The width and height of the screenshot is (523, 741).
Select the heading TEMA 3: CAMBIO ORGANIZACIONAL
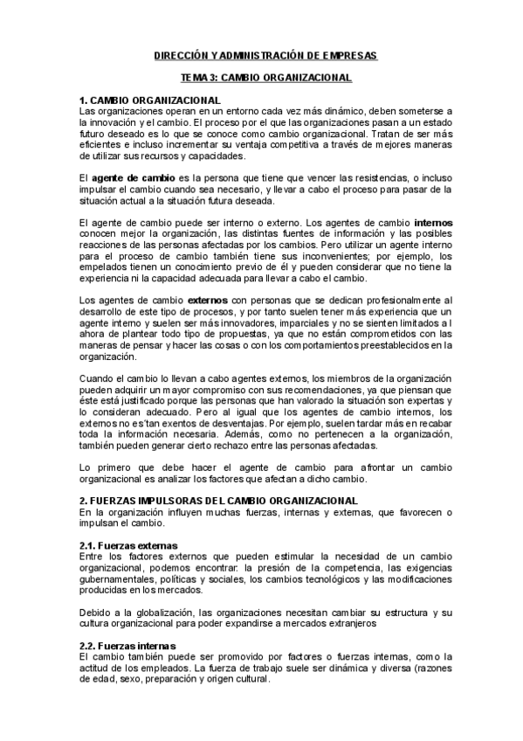tap(260, 78)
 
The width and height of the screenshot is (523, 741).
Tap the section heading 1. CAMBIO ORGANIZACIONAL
tap(149, 100)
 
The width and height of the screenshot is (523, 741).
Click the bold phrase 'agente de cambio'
tap(134, 177)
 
